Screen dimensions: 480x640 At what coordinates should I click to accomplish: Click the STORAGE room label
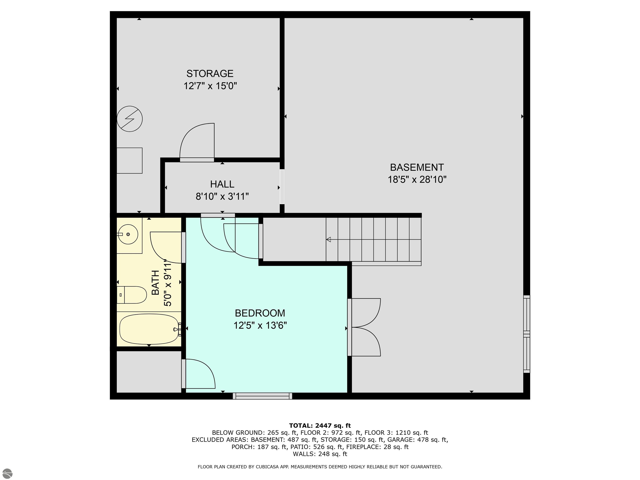click(210, 74)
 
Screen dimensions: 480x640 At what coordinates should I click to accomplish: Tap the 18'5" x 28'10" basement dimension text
click(417, 180)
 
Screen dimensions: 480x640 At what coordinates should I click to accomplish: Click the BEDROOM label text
click(260, 313)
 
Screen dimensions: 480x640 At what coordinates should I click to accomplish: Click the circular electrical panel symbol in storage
click(130, 119)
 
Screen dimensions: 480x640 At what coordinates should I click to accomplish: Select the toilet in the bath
click(132, 295)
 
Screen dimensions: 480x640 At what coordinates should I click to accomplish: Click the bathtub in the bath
click(149, 329)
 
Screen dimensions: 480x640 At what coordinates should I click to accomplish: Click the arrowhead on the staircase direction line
click(328, 240)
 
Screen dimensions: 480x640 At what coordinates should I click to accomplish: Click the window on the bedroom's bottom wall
click(262, 396)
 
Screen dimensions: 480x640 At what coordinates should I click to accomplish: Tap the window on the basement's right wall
click(527, 334)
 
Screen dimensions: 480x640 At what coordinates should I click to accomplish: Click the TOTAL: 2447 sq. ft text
click(320, 426)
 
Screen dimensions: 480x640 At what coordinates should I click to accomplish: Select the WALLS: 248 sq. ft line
click(320, 454)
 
